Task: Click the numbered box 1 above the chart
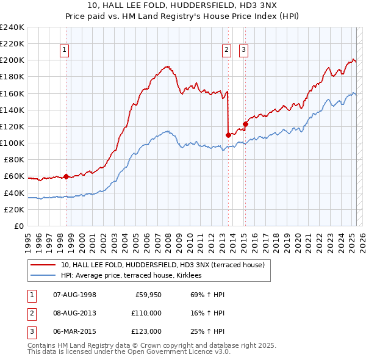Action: point(64,51)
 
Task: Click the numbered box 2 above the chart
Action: point(226,51)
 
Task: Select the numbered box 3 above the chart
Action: point(243,51)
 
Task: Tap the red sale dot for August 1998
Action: point(66,176)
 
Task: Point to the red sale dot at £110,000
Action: point(228,135)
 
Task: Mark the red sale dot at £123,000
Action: point(245,124)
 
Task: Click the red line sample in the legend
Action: point(43,265)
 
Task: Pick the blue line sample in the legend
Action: point(43,276)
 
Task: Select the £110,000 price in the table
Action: point(147,313)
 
